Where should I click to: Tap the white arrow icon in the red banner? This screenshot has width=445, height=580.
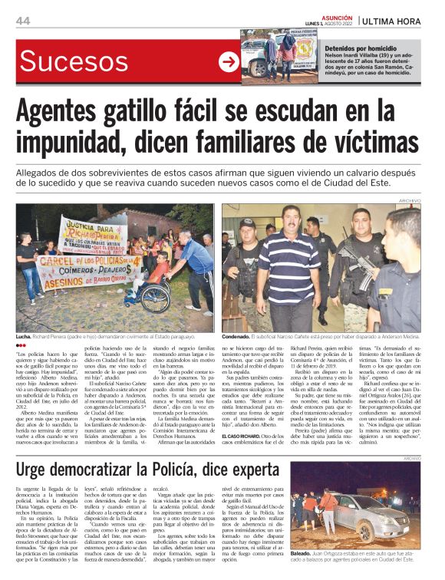229,62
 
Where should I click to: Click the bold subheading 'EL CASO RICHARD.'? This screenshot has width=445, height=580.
243,415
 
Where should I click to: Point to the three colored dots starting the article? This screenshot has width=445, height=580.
21,346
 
